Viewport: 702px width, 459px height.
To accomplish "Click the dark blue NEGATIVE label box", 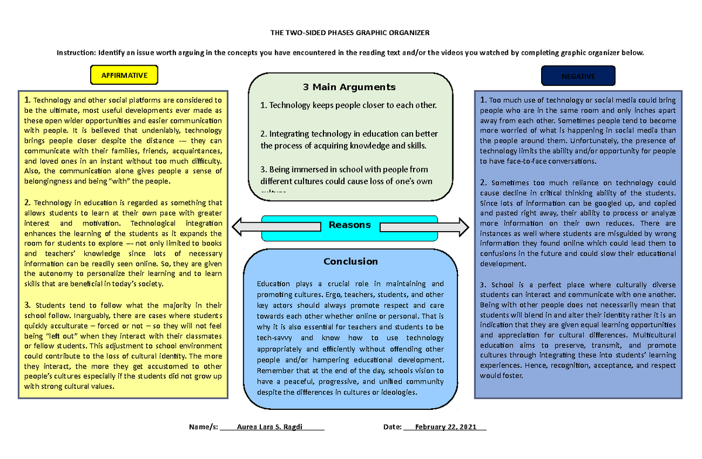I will (579, 76).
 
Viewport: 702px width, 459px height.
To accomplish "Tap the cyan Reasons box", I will (350, 225).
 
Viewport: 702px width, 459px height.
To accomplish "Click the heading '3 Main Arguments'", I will (349, 88).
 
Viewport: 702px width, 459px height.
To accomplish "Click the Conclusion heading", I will (351, 261).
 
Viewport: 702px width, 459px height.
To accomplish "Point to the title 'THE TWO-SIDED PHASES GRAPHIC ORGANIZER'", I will (350, 33).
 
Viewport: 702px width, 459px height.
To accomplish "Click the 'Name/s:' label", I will (203, 427).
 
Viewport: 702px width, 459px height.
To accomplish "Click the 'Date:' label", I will (393, 427).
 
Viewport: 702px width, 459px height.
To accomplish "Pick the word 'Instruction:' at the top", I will (76, 53).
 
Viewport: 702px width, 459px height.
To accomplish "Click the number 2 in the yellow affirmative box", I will (27, 202).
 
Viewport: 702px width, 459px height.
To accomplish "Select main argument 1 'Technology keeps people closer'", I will (349, 106).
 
